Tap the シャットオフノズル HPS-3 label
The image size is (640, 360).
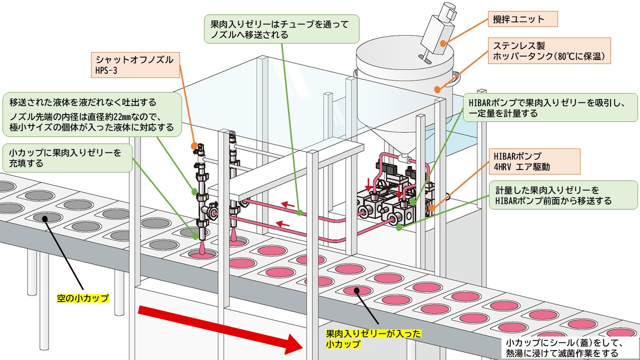(135, 64)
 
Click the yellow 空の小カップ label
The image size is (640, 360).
(83, 298)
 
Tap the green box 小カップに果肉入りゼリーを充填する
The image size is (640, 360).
(68, 157)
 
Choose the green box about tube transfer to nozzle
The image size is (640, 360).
(282, 29)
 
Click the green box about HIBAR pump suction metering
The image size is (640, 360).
(550, 107)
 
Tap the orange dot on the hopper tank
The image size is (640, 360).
(437, 90)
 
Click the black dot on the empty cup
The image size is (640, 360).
(45, 217)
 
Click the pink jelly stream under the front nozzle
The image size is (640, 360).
(201, 248)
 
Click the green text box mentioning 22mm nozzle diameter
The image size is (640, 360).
(91, 115)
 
